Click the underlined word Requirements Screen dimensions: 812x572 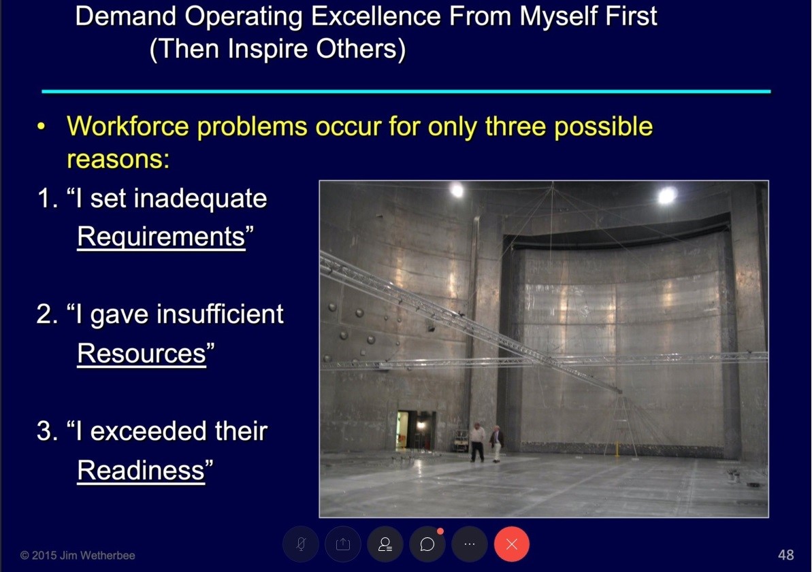(x=161, y=237)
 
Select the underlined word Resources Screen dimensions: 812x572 (x=142, y=353)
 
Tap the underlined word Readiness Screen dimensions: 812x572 (x=141, y=470)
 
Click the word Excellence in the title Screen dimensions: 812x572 (x=376, y=16)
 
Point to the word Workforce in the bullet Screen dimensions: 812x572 (x=128, y=127)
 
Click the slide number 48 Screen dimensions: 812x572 (x=785, y=555)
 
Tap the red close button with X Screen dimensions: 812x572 (x=512, y=544)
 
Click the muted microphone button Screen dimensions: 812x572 (x=301, y=544)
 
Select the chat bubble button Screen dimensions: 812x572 (x=427, y=544)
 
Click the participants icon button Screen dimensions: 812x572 (x=385, y=544)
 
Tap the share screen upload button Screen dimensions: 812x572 (x=343, y=544)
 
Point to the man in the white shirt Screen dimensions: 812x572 (x=477, y=441)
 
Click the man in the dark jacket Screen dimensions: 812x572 (x=496, y=443)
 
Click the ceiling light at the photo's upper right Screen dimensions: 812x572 (x=667, y=195)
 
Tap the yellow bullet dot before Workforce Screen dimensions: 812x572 (x=42, y=127)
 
